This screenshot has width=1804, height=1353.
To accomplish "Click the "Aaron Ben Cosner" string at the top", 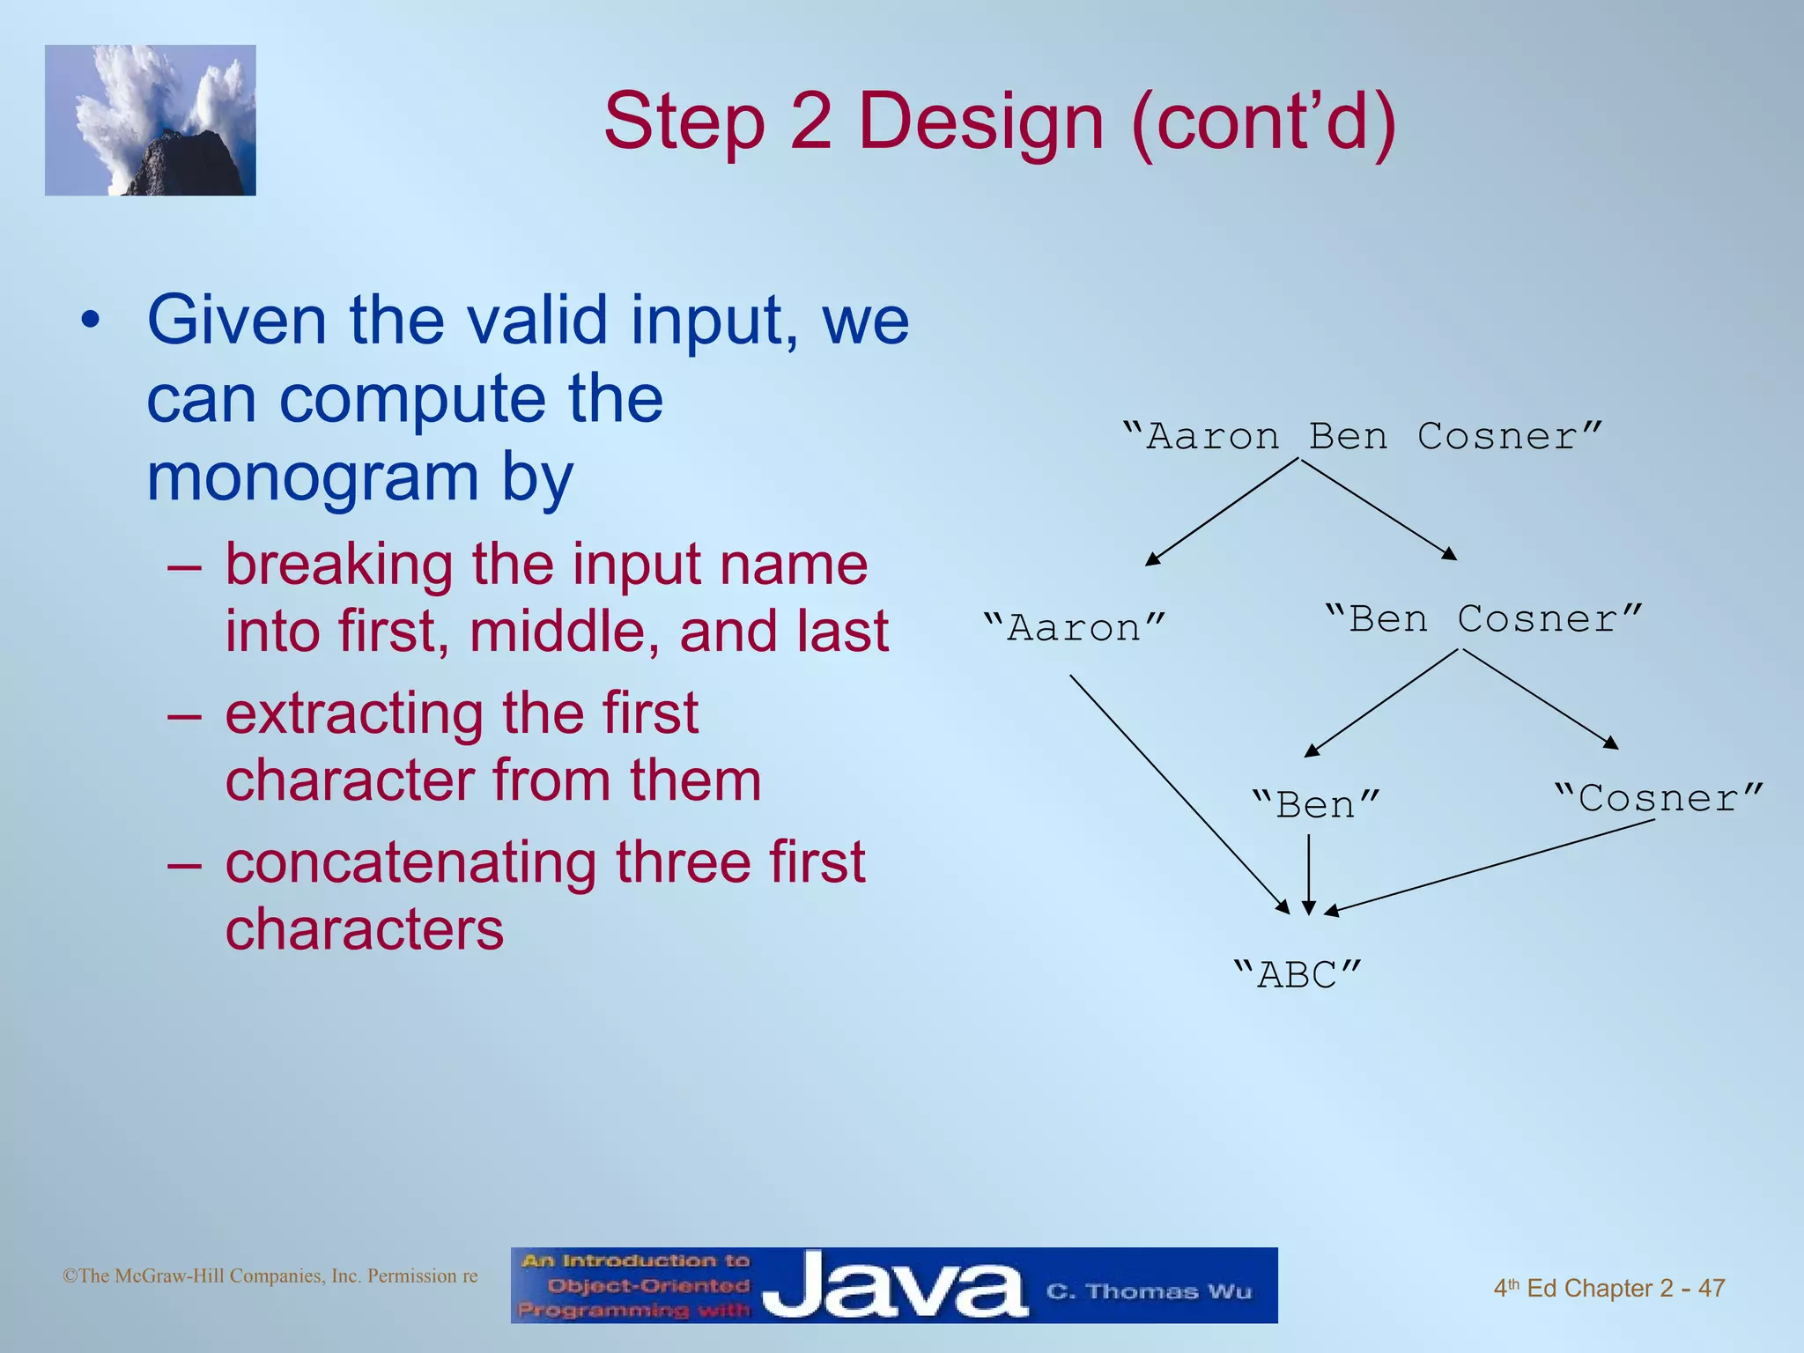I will click(x=1362, y=437).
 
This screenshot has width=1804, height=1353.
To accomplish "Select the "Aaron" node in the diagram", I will click(x=1075, y=628).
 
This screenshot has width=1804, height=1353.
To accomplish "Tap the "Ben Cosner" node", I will click(x=1483, y=618).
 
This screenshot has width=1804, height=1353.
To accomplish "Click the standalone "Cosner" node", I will click(x=1659, y=798).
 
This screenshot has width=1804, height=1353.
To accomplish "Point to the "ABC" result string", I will click(x=1297, y=975).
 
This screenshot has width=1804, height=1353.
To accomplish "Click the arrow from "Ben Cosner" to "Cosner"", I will click(x=1540, y=699).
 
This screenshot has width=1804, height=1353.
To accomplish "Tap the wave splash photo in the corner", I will click(x=151, y=120).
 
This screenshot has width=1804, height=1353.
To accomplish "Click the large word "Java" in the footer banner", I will click(x=894, y=1286).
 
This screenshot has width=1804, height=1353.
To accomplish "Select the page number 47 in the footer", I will click(x=1711, y=1288).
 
